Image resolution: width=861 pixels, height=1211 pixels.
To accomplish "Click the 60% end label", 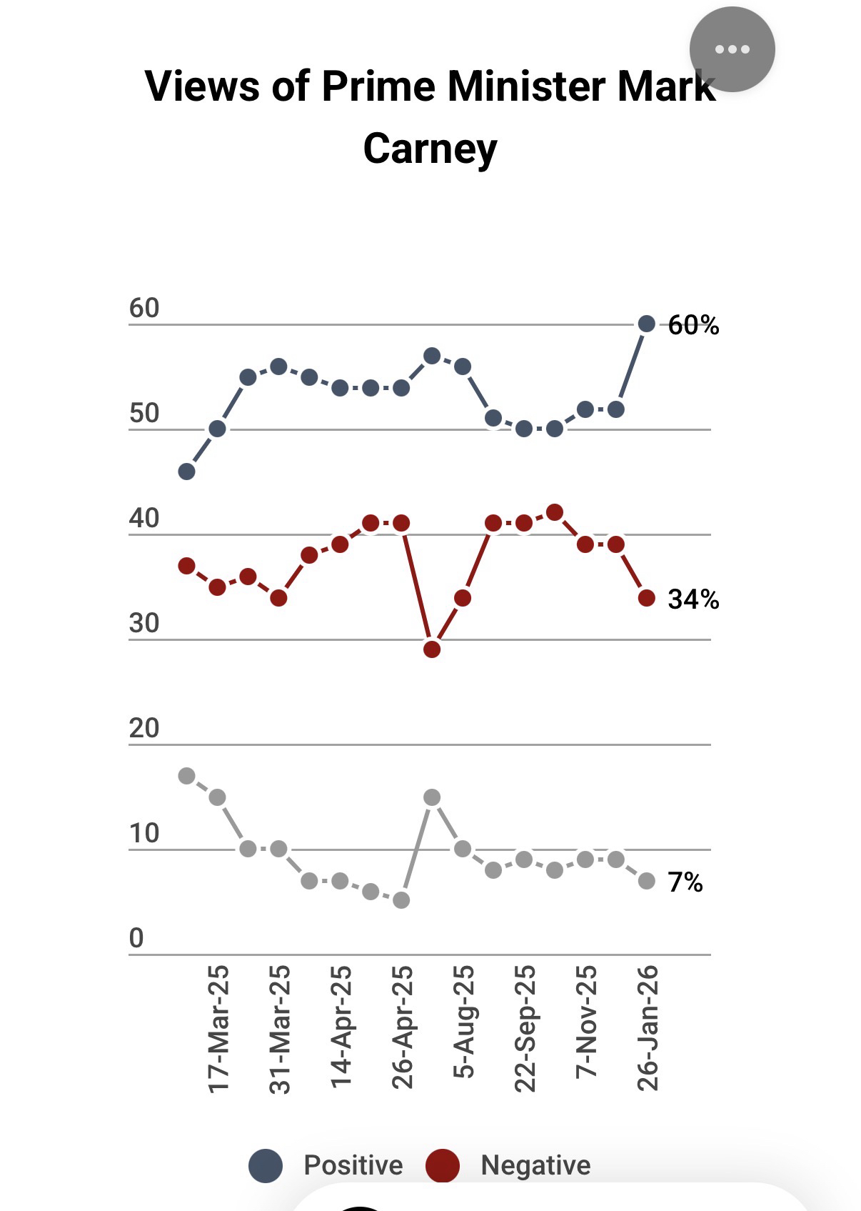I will click(693, 325).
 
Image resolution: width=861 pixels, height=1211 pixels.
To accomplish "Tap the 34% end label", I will click(693, 599).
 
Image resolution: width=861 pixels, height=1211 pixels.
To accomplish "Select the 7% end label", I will click(685, 882).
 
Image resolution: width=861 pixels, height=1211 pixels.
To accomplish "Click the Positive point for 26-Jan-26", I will click(647, 324).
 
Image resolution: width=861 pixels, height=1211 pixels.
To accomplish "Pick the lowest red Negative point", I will click(432, 649).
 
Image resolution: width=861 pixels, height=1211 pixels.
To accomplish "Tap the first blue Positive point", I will click(186, 472).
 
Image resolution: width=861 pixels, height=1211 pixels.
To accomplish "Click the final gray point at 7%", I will click(647, 881).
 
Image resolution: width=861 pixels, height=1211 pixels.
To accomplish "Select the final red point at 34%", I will click(647, 598).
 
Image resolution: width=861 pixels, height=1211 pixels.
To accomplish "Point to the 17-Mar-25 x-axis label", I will click(218, 1029).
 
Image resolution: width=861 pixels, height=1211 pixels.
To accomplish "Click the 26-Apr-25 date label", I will click(403, 1027).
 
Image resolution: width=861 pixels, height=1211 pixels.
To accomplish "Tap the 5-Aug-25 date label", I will click(464, 1022).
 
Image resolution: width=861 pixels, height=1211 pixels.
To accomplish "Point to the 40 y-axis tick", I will click(144, 519).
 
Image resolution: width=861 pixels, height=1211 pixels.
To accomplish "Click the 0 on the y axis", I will click(136, 938).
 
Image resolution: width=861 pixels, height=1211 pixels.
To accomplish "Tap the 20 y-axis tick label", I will click(144, 729).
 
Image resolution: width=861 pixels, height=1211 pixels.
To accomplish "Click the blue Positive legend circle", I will click(266, 1166).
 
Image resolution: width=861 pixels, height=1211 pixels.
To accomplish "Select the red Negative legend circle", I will click(443, 1166).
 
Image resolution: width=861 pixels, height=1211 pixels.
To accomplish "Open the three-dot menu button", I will click(732, 49).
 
